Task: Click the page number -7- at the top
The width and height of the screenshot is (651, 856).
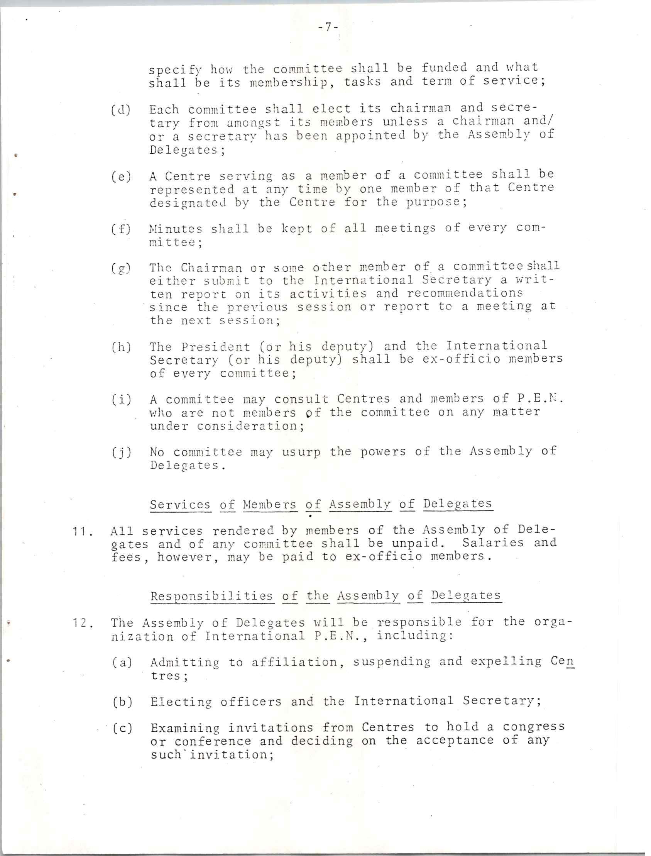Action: [328, 27]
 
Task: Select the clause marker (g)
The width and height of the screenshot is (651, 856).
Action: [121, 268]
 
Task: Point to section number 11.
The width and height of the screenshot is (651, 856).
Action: [82, 532]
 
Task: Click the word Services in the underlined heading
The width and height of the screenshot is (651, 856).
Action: [180, 504]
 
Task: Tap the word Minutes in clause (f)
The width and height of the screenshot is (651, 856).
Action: [176, 229]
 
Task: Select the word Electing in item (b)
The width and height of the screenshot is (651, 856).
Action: [181, 702]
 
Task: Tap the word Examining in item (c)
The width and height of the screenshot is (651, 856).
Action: [185, 728]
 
